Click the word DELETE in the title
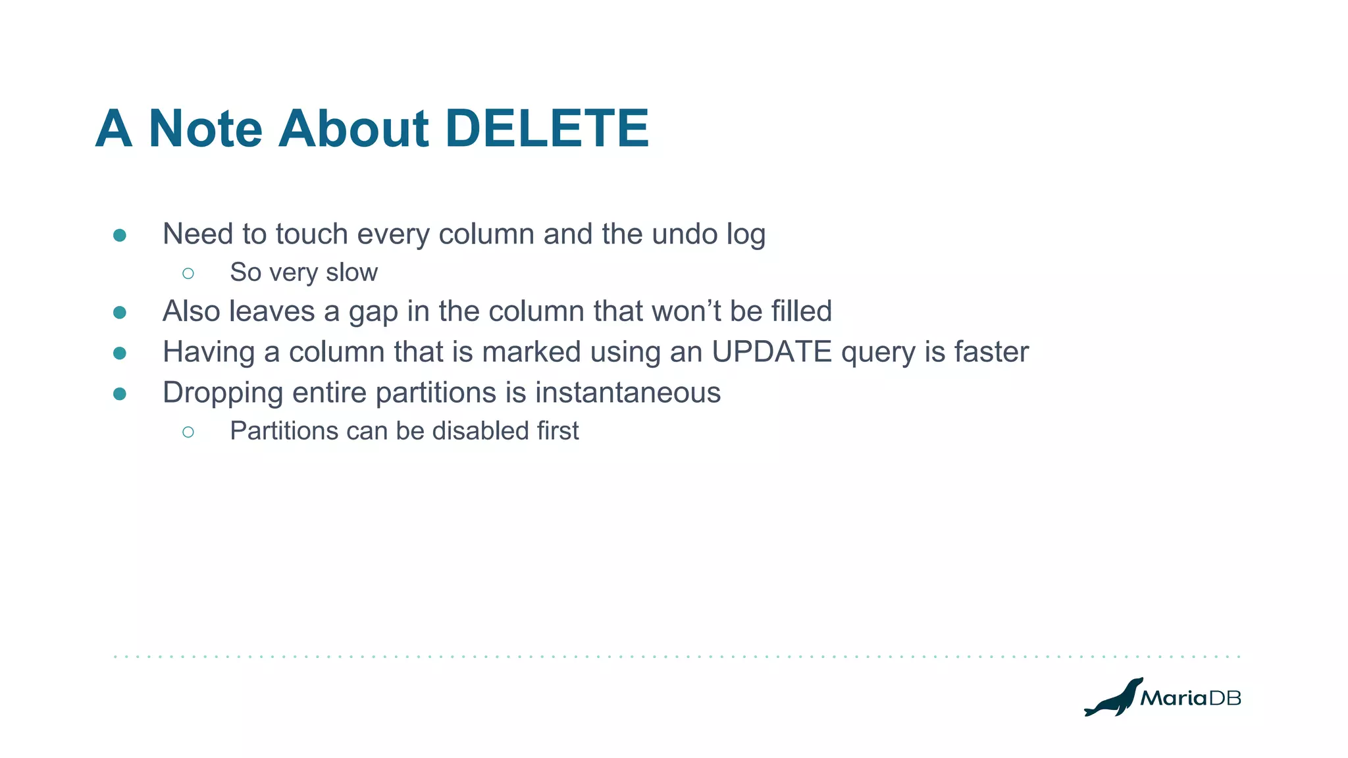click(x=547, y=128)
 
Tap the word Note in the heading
click(x=205, y=128)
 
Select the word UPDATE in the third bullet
click(x=771, y=351)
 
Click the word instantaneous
click(x=627, y=392)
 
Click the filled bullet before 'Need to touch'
click(x=120, y=236)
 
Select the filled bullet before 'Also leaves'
click(x=120, y=313)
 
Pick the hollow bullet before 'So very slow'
click(x=188, y=273)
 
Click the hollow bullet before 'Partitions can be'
click(x=188, y=432)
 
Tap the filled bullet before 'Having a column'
click(x=120, y=353)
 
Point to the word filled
click(x=802, y=311)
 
